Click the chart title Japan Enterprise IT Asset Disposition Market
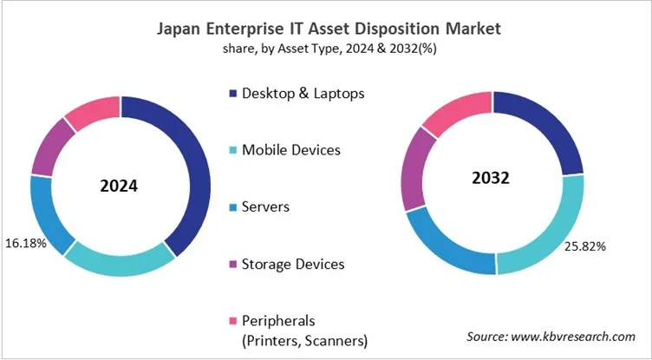pos(329,29)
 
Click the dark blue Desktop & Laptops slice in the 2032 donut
pos(554,130)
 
